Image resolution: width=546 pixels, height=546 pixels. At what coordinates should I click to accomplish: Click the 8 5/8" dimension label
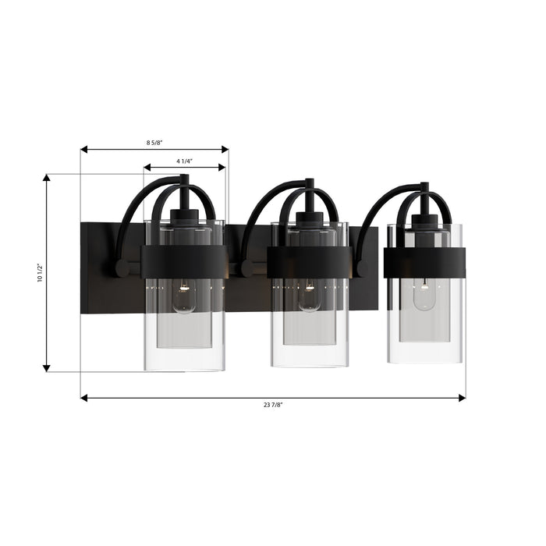coord(154,143)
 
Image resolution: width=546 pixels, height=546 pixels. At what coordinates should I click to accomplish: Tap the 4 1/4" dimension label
coord(185,161)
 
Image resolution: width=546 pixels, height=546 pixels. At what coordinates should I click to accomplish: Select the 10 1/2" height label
coord(40,273)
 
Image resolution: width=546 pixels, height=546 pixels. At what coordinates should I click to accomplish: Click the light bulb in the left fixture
coord(184,297)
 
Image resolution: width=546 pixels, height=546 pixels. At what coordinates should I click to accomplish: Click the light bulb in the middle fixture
coord(309,297)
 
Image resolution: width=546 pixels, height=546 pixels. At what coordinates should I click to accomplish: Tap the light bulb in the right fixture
coord(424,296)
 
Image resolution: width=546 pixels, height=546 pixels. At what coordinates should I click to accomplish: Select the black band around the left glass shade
coord(184,262)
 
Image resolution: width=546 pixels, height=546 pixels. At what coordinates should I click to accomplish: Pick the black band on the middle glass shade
coord(310,262)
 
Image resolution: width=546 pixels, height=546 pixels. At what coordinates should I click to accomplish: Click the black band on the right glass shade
coord(424,263)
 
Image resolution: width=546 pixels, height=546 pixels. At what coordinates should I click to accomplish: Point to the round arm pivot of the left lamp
coord(122,268)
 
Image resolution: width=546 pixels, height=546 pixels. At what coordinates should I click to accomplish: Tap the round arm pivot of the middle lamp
coord(247,268)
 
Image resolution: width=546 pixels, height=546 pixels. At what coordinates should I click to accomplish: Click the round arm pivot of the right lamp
coord(363,268)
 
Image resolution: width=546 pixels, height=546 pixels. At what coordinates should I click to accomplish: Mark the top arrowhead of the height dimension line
coord(47,179)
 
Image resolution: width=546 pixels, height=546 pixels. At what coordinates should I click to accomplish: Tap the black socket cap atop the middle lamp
coord(310,218)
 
